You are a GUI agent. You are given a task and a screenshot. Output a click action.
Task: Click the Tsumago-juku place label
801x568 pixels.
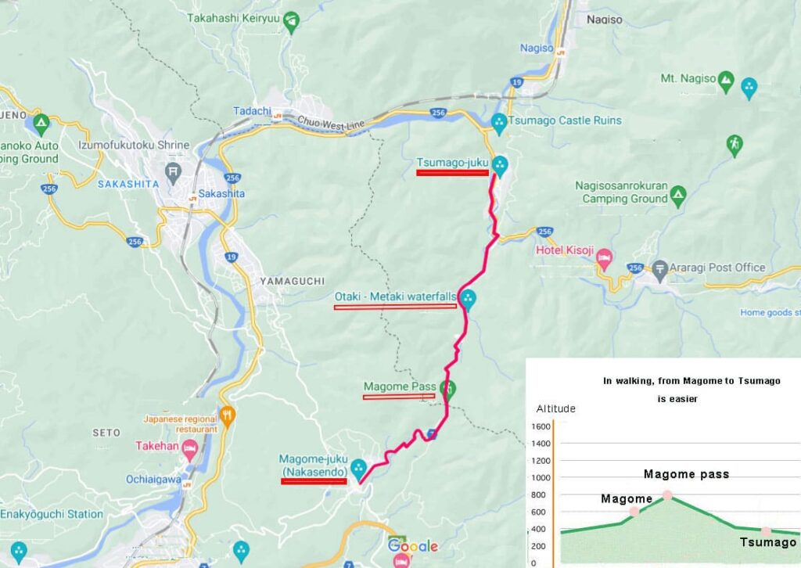click(452, 163)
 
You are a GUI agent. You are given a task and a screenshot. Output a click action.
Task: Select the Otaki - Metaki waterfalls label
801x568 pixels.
click(396, 297)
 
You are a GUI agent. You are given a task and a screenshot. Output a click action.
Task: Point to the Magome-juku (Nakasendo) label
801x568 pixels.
click(313, 465)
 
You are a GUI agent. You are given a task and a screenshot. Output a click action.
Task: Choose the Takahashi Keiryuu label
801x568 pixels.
click(234, 16)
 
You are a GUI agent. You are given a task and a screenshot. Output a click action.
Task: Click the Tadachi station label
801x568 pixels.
click(252, 111)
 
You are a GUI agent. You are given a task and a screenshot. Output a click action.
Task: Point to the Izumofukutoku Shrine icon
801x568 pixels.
click(173, 170)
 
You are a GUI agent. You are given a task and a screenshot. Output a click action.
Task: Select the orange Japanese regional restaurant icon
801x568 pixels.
click(227, 416)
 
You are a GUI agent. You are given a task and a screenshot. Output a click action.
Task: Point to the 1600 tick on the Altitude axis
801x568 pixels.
click(541, 427)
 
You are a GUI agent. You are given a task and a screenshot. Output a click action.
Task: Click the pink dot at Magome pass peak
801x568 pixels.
click(667, 495)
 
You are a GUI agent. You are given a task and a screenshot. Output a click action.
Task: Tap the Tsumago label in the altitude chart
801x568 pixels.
click(767, 542)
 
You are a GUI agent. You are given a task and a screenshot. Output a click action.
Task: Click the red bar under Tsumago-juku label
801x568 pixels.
click(452, 173)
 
